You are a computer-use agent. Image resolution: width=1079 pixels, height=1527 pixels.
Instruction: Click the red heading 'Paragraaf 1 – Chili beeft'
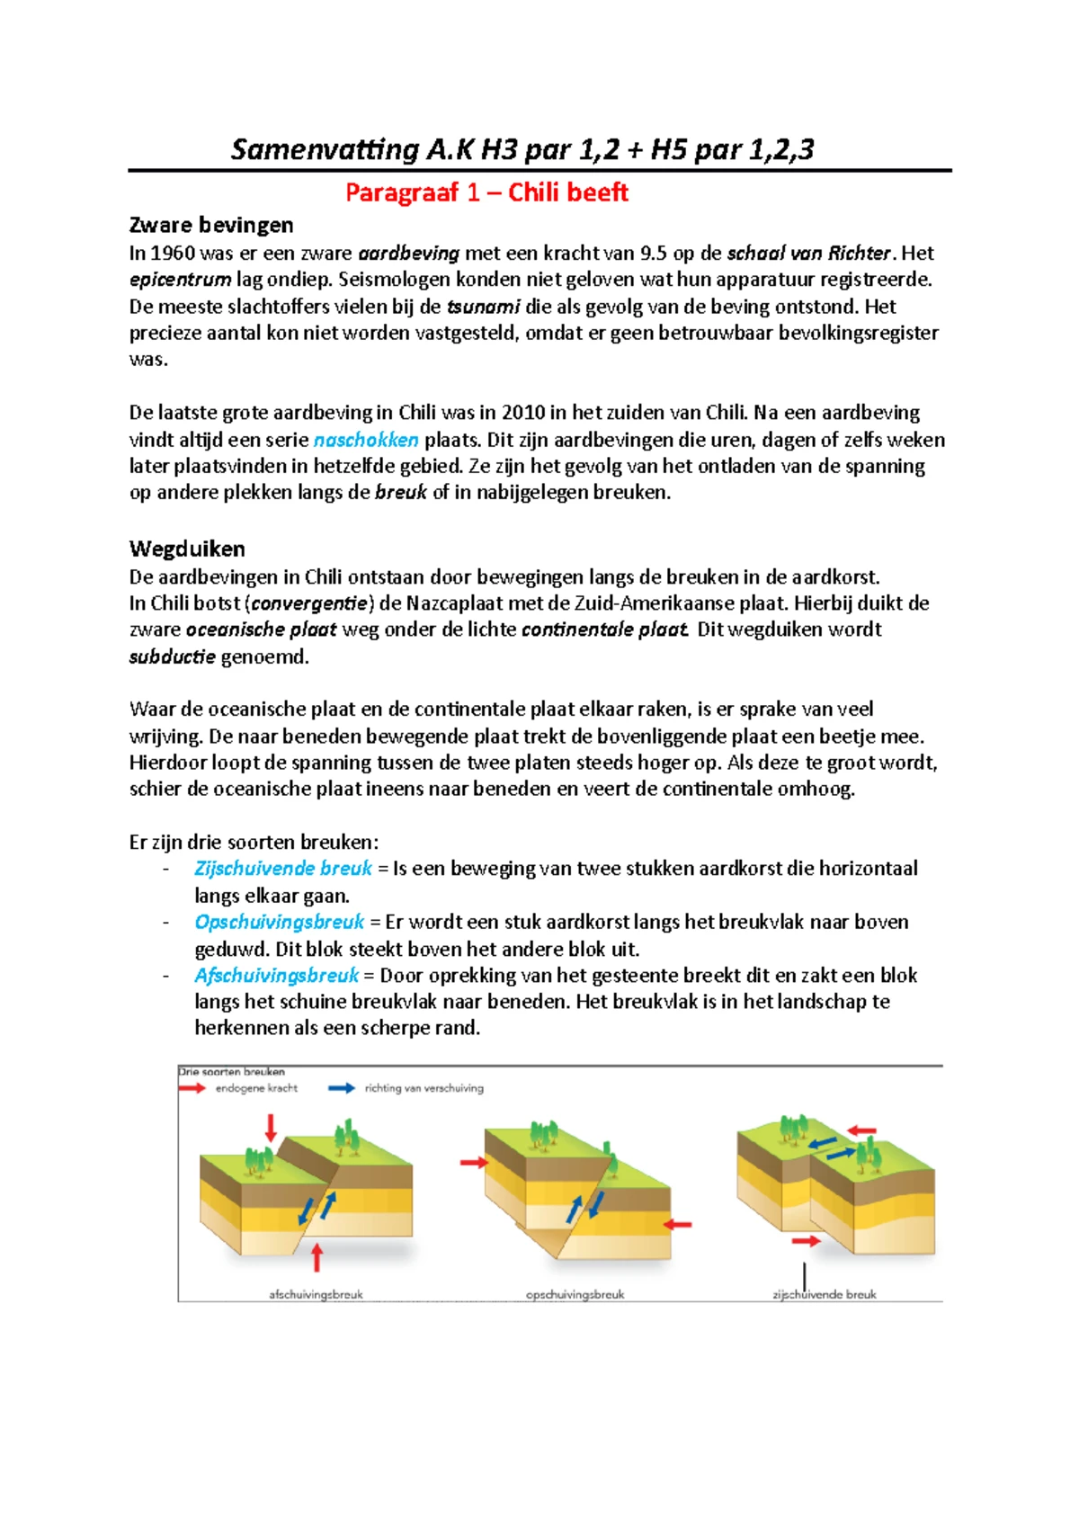pos(486,192)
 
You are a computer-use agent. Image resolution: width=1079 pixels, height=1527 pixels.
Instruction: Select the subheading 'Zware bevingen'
pos(211,225)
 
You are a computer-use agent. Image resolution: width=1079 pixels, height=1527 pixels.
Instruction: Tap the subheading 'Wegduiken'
pos(187,549)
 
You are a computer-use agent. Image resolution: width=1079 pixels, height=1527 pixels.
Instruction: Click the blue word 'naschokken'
pos(366,440)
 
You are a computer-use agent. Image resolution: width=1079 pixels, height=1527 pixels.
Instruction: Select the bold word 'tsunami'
pos(483,306)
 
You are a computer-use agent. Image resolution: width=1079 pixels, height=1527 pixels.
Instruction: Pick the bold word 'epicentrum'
pos(180,280)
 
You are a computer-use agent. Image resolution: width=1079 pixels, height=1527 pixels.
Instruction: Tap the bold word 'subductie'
pos(173,656)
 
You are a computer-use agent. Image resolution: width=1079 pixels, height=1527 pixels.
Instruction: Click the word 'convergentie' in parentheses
pos(309,603)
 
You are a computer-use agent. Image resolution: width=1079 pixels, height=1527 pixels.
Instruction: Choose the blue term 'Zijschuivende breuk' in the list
pos(283,869)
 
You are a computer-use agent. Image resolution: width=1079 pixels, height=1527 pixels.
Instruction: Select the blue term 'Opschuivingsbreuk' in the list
pos(280,922)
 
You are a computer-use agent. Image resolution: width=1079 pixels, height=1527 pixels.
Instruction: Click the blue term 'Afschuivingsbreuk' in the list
pos(277,976)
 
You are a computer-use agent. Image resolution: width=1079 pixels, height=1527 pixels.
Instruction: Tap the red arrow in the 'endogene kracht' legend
pos(192,1088)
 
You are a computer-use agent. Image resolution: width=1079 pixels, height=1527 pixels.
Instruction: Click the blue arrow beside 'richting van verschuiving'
pos(342,1088)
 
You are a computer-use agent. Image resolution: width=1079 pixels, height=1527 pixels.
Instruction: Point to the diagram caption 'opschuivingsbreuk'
pos(575,1295)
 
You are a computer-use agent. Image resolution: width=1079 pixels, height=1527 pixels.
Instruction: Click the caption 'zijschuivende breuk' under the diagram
pos(825,1295)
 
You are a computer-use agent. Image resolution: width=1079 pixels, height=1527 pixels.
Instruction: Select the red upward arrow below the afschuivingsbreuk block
pos(317,1257)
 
